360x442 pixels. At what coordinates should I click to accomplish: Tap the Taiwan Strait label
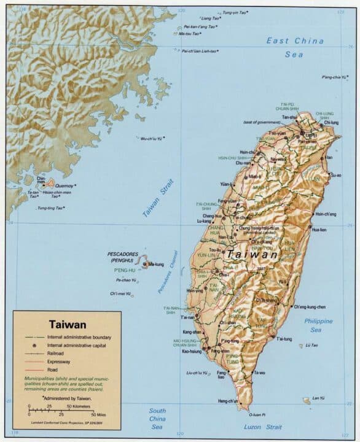pos(159,198)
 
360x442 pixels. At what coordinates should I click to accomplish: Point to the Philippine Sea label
pos(318,325)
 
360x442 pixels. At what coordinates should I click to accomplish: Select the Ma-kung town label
pos(155,265)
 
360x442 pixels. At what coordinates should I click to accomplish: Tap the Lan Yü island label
pos(318,398)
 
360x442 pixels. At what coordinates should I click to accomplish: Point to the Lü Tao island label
pos(312,346)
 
